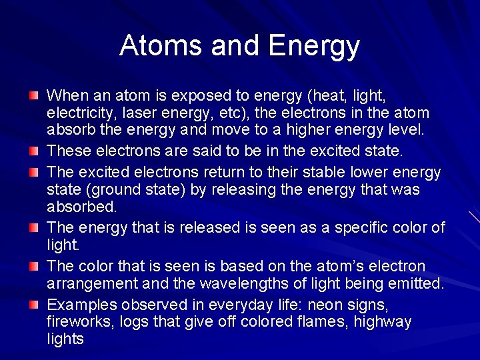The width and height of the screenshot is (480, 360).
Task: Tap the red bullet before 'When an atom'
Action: (34, 97)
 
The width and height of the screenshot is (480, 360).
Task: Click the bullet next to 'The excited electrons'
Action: (34, 173)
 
